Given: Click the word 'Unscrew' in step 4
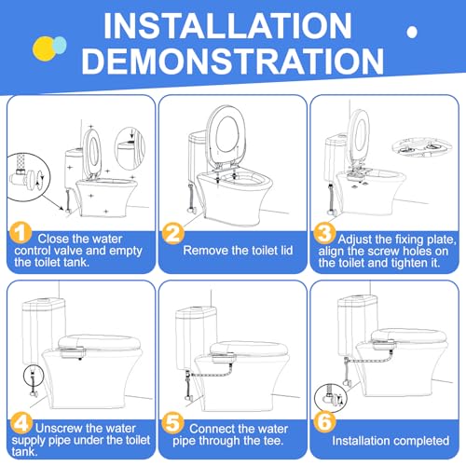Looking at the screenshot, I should click(61, 412).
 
